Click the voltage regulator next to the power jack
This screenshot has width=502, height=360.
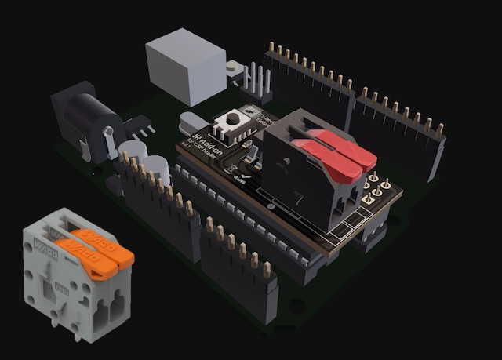tap(138, 125)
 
